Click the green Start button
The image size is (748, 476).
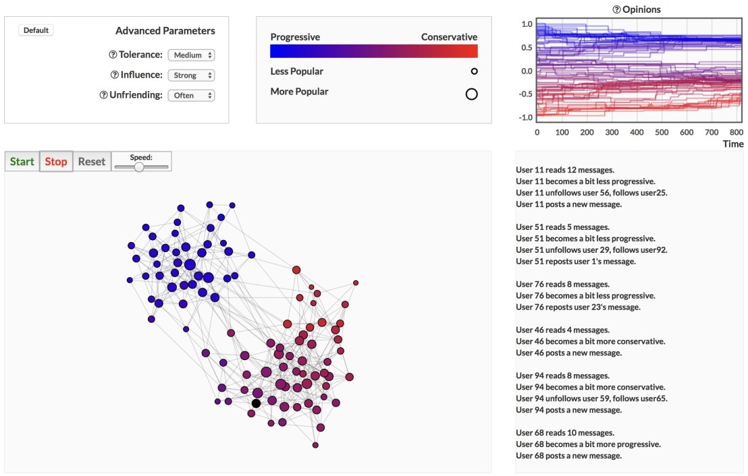(x=22, y=162)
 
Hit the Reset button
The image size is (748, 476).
(x=92, y=162)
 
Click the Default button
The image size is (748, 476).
(x=36, y=30)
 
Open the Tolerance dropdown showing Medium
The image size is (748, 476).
(x=191, y=55)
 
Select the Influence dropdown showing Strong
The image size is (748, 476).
(x=191, y=76)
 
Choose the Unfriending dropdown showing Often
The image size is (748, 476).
(x=191, y=96)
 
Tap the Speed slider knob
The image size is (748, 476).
(x=139, y=167)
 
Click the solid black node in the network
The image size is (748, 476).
(x=256, y=403)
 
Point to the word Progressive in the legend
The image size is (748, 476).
(x=295, y=37)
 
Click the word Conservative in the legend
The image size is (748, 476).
(x=449, y=37)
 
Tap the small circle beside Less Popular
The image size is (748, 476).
(x=474, y=71)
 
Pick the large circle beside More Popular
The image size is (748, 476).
(x=472, y=94)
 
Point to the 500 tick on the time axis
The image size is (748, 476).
(x=662, y=133)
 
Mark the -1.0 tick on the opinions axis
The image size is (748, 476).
(x=524, y=117)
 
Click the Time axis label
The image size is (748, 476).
(x=733, y=144)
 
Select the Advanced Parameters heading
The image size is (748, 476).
(x=165, y=31)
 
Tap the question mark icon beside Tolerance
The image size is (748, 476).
(x=113, y=55)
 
